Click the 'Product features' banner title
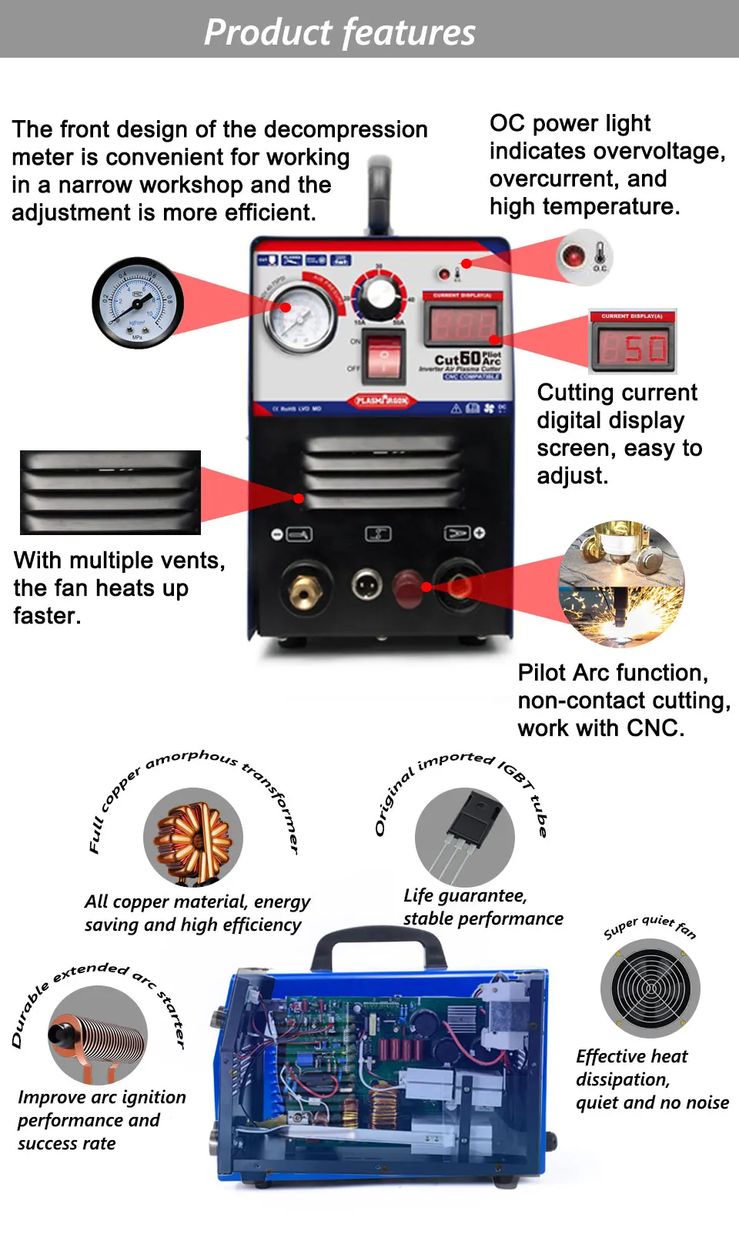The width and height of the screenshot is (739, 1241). [x=339, y=32]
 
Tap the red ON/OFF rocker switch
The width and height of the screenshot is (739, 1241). [x=383, y=356]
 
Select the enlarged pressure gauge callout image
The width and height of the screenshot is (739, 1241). [x=138, y=303]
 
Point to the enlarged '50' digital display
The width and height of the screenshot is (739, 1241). [x=634, y=346]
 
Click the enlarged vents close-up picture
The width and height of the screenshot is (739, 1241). [x=110, y=493]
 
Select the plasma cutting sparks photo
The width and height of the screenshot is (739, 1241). [x=621, y=583]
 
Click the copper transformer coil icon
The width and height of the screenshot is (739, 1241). [x=193, y=838]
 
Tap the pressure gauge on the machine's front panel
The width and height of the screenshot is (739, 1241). [x=300, y=317]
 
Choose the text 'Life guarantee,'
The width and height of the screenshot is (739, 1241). [x=465, y=896]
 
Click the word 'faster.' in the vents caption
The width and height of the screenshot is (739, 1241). [x=47, y=616]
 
